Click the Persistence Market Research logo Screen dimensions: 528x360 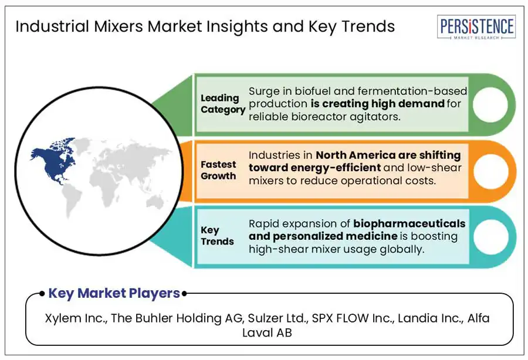tap(476, 27)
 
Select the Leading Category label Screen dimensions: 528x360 tap(223, 104)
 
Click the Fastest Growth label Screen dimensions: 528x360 tap(218, 170)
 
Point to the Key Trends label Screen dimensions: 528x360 tap(217, 236)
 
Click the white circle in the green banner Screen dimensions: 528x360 tap(490, 104)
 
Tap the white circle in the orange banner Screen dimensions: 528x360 tap(490, 171)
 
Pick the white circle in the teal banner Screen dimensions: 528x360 tap(490, 236)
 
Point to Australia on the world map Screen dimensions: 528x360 tap(155, 203)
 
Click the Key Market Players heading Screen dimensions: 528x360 tap(114, 293)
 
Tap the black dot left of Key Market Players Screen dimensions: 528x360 tap(42, 294)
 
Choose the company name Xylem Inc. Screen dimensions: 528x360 tap(76, 318)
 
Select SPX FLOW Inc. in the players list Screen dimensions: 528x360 tap(353, 318)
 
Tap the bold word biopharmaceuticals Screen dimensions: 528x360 tap(409, 224)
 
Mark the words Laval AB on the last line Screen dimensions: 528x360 tap(267, 333)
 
